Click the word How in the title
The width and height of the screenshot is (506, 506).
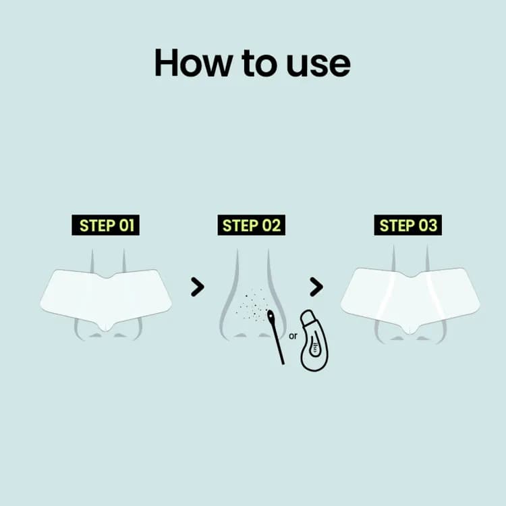pyautogui.click(x=194, y=63)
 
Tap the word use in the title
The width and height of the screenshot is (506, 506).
pyautogui.click(x=318, y=65)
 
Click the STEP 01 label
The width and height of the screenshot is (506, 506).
pyautogui.click(x=105, y=225)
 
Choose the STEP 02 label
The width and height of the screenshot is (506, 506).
pyautogui.click(x=252, y=225)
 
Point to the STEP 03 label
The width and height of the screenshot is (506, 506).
pyautogui.click(x=408, y=225)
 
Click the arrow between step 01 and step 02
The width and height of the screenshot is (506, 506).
pyautogui.click(x=198, y=287)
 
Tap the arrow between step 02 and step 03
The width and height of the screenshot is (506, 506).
pyautogui.click(x=316, y=287)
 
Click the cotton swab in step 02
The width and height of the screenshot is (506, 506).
pyautogui.click(x=277, y=337)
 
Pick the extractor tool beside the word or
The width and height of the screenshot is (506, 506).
pyautogui.click(x=314, y=341)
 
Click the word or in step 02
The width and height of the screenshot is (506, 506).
pyautogui.click(x=293, y=336)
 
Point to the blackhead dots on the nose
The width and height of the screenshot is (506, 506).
pyautogui.click(x=252, y=306)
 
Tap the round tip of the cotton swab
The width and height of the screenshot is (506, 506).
pyautogui.click(x=271, y=315)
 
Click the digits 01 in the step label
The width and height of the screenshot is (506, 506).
pyautogui.click(x=127, y=225)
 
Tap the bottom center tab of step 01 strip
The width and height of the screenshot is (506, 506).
pyautogui.click(x=105, y=327)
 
